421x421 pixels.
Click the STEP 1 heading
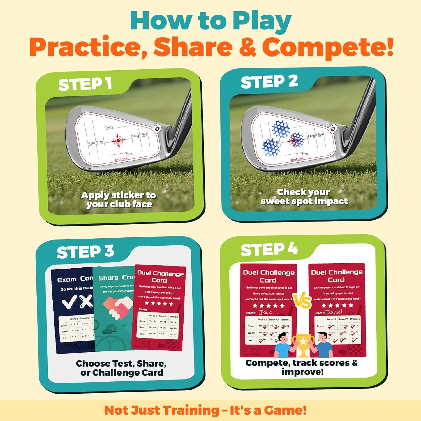point(85,84)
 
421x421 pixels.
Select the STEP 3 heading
point(85,252)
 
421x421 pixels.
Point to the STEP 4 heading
point(269,250)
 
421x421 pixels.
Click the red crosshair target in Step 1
point(118,141)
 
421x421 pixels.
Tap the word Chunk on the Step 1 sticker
point(109,128)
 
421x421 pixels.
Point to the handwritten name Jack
point(265,312)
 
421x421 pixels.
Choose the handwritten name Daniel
point(334,312)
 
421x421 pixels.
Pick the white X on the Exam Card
point(87,301)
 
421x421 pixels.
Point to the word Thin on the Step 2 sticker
point(305,154)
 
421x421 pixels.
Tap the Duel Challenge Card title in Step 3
point(160,276)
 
